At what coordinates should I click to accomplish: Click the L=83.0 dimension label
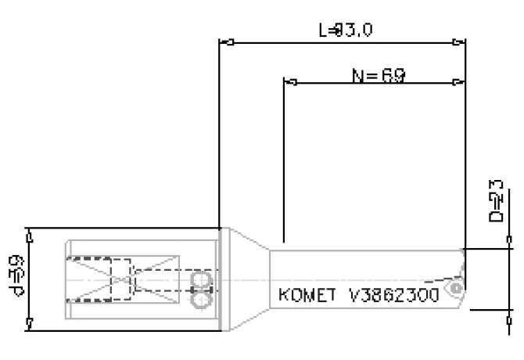coord(345,31)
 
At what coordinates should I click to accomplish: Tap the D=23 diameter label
coord(495,203)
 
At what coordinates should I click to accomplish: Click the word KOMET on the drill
coord(307,297)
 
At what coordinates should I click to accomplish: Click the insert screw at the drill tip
coord(453,290)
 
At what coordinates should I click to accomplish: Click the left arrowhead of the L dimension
coord(225,42)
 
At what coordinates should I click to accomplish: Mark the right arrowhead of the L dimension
coord(459,42)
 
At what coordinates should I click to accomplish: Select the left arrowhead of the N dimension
coord(288,81)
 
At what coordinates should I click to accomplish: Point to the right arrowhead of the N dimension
coord(459,81)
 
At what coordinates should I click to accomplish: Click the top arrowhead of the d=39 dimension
coord(29,233)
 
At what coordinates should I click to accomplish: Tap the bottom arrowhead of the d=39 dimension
coord(29,323)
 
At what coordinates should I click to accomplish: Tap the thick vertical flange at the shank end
coord(223,279)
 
